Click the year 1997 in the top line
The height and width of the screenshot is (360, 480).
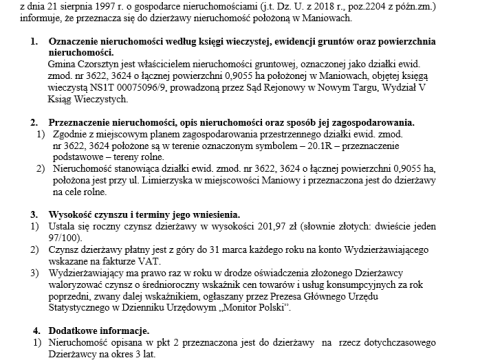coord(99,4)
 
